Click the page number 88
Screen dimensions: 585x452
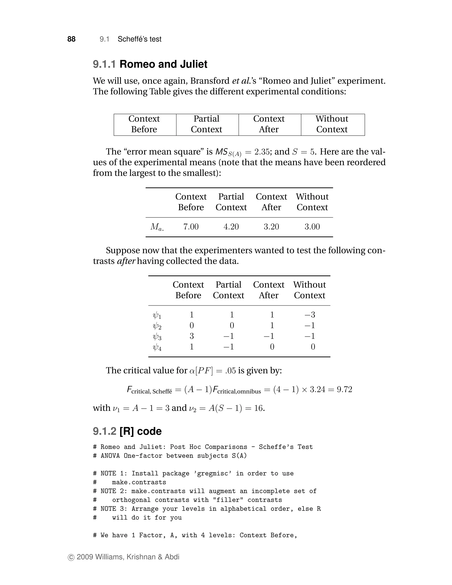click(71, 39)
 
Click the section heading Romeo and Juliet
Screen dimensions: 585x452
click(163, 64)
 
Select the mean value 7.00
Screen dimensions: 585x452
click(191, 227)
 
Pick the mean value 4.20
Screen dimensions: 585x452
click(231, 227)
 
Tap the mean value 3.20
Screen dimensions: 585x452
click(271, 227)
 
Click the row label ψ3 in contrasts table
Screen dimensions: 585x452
click(157, 337)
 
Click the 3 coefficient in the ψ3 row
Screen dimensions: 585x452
click(191, 336)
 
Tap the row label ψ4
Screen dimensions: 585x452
click(157, 347)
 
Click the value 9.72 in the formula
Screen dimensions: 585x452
click(344, 389)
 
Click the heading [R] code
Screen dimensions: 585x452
click(140, 431)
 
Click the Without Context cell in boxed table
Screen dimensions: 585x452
click(332, 124)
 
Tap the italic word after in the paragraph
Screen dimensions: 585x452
click(126, 261)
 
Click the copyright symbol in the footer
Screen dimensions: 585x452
click(71, 557)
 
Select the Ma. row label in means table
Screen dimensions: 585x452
click(157, 227)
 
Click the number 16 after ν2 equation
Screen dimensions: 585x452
click(258, 408)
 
